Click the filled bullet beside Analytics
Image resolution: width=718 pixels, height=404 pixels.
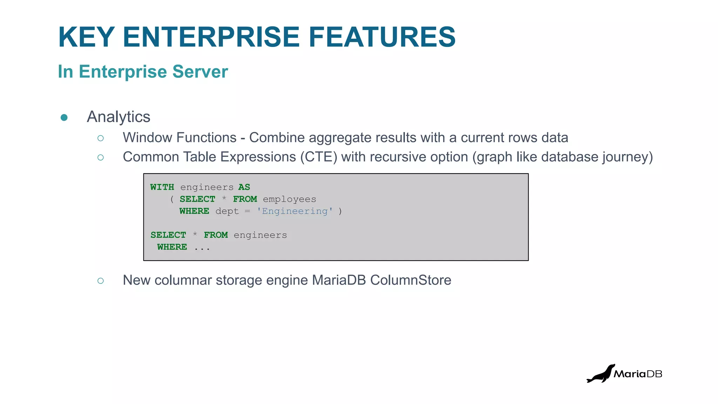pyautogui.click(x=64, y=117)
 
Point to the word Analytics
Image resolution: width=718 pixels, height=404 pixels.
pyautogui.click(x=118, y=117)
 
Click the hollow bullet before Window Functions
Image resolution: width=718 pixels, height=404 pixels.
pyautogui.click(x=101, y=138)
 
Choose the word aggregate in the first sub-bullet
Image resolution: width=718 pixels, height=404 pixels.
pyautogui.click(x=340, y=138)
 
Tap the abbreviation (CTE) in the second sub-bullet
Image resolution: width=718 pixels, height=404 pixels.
pyautogui.click(x=319, y=157)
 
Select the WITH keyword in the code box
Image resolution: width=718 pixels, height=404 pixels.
pyautogui.click(x=162, y=187)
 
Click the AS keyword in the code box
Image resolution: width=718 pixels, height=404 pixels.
pyautogui.click(x=244, y=187)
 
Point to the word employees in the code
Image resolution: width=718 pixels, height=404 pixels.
pyautogui.click(x=289, y=199)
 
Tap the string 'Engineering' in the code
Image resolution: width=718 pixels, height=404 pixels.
pyautogui.click(x=294, y=211)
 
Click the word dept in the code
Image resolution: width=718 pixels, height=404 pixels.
pyautogui.click(x=227, y=211)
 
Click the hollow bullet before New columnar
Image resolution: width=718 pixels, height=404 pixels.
pyautogui.click(x=101, y=281)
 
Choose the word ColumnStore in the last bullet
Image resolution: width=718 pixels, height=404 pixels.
pyautogui.click(x=411, y=280)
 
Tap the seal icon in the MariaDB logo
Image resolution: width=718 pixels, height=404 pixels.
pyautogui.click(x=600, y=374)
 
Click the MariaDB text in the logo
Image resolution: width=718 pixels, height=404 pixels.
pyautogui.click(x=638, y=374)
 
